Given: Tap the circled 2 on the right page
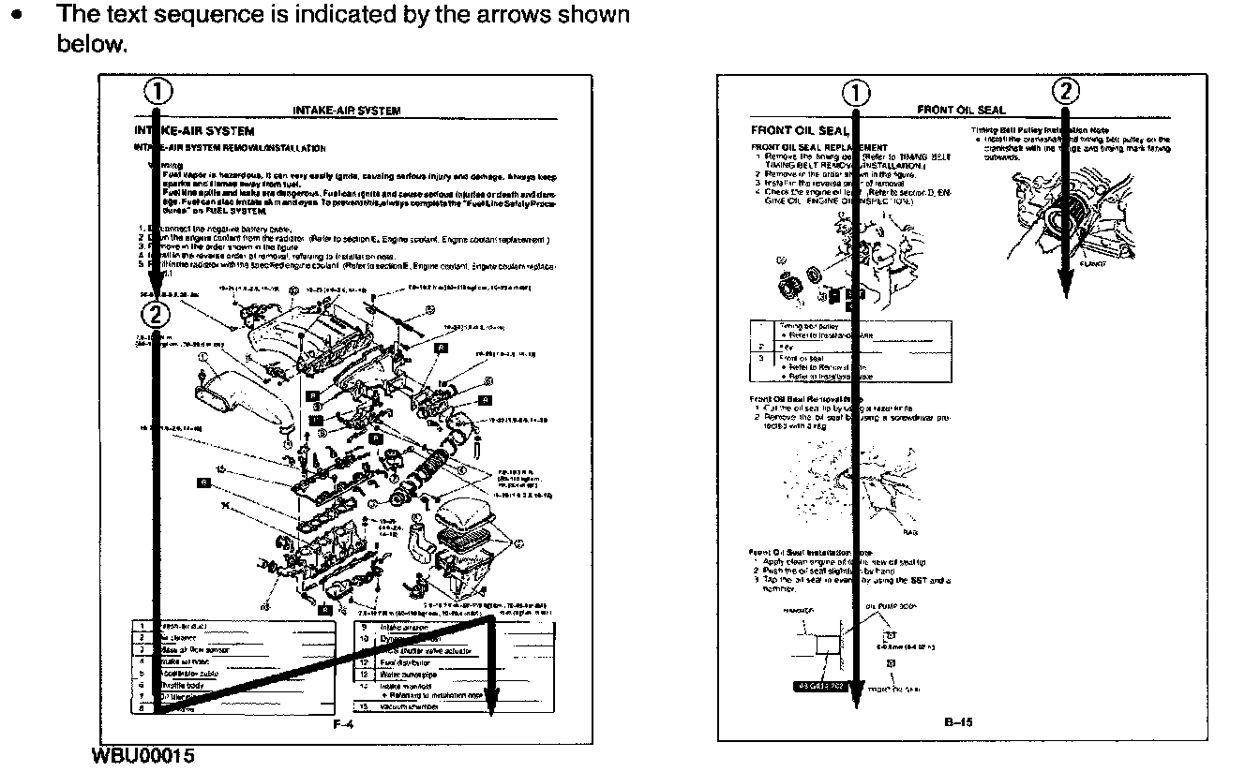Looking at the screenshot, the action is (x=1066, y=91).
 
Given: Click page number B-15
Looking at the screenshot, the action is (x=959, y=721).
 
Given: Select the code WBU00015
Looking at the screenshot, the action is (x=143, y=755).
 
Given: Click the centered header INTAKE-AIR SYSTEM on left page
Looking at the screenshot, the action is (x=347, y=111).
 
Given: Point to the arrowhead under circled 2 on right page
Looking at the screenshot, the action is (x=1066, y=286).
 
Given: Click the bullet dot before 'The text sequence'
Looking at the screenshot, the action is (x=15, y=16).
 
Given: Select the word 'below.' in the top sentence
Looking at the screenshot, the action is (x=91, y=44).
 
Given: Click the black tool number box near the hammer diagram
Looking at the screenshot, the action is (x=821, y=685).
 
